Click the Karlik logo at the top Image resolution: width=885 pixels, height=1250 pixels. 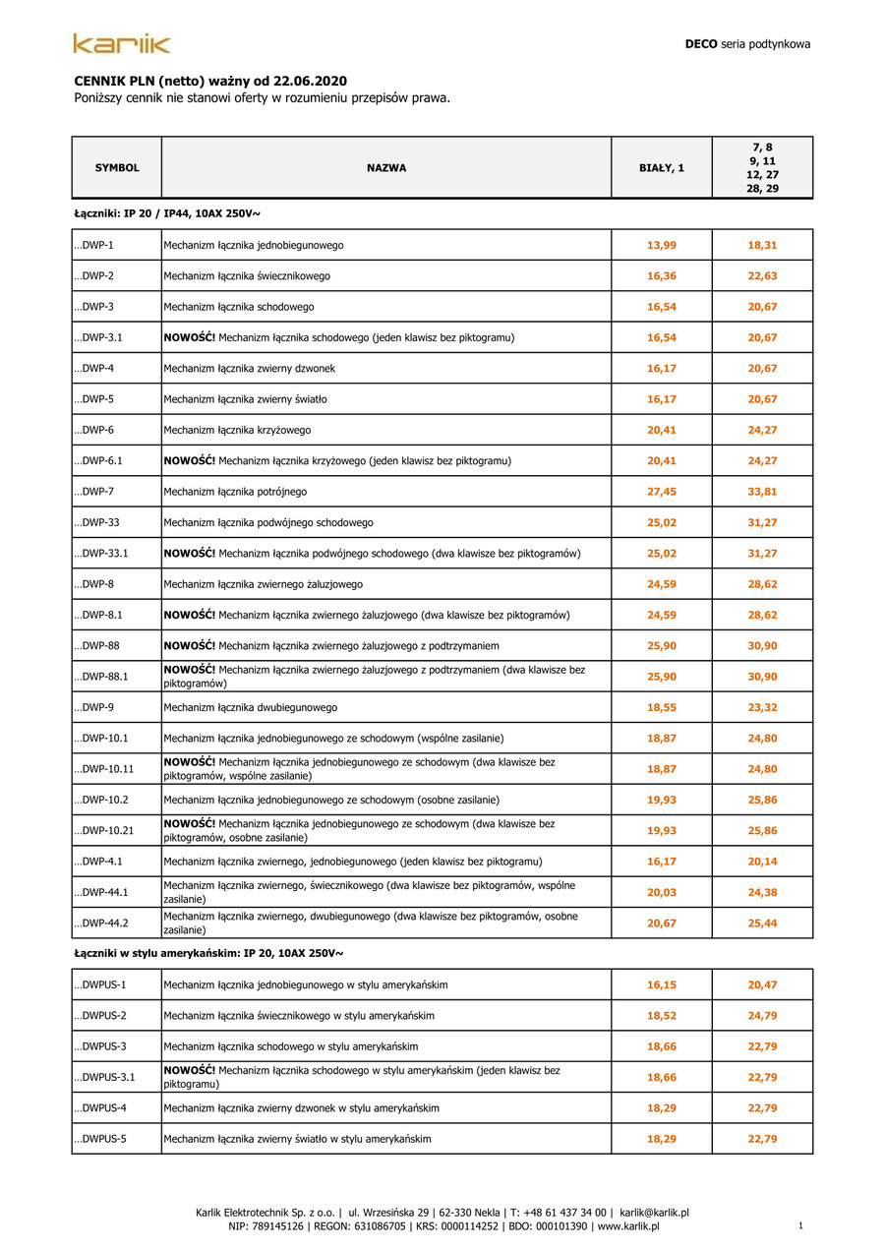click(122, 43)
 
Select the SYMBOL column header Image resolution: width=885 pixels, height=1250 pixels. click(117, 168)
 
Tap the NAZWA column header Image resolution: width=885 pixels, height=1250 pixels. click(386, 168)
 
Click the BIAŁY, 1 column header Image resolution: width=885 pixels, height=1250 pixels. click(662, 168)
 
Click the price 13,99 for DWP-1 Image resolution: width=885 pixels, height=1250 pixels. click(662, 245)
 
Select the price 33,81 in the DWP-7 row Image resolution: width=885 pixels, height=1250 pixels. click(762, 492)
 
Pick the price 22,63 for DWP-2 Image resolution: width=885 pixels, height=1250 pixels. click(762, 276)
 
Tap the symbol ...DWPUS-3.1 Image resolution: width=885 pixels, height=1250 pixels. click(104, 1077)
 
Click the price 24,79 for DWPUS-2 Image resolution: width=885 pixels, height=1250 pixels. click(762, 1015)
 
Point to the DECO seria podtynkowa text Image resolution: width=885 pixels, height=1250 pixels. click(747, 44)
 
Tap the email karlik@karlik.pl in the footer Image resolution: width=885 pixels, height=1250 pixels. click(654, 1213)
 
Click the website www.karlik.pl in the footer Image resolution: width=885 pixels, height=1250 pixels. click(628, 1226)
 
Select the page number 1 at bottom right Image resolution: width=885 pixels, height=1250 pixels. click(801, 1225)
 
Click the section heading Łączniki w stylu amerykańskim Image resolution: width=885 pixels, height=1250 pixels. click(208, 953)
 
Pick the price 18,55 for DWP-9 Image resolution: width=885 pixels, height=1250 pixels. click(662, 707)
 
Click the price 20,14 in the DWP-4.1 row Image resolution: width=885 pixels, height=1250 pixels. click(762, 862)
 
